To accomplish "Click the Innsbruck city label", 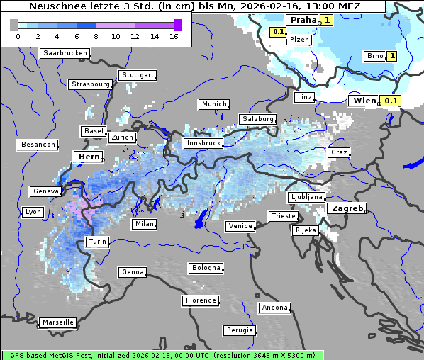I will (x=203, y=143).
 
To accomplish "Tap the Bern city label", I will (x=89, y=157).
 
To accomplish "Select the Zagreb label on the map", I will (x=347, y=209).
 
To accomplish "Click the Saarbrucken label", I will (x=65, y=53).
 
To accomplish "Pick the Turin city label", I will (x=97, y=242).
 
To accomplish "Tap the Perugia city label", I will (x=240, y=330).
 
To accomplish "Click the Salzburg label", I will (x=257, y=118).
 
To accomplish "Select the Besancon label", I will (x=38, y=145).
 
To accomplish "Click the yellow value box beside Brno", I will (x=391, y=56).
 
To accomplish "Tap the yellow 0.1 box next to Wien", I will (x=392, y=101).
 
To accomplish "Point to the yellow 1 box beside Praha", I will (x=327, y=20).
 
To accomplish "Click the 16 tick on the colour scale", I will (x=174, y=36).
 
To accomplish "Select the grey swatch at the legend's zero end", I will (x=14, y=25).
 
